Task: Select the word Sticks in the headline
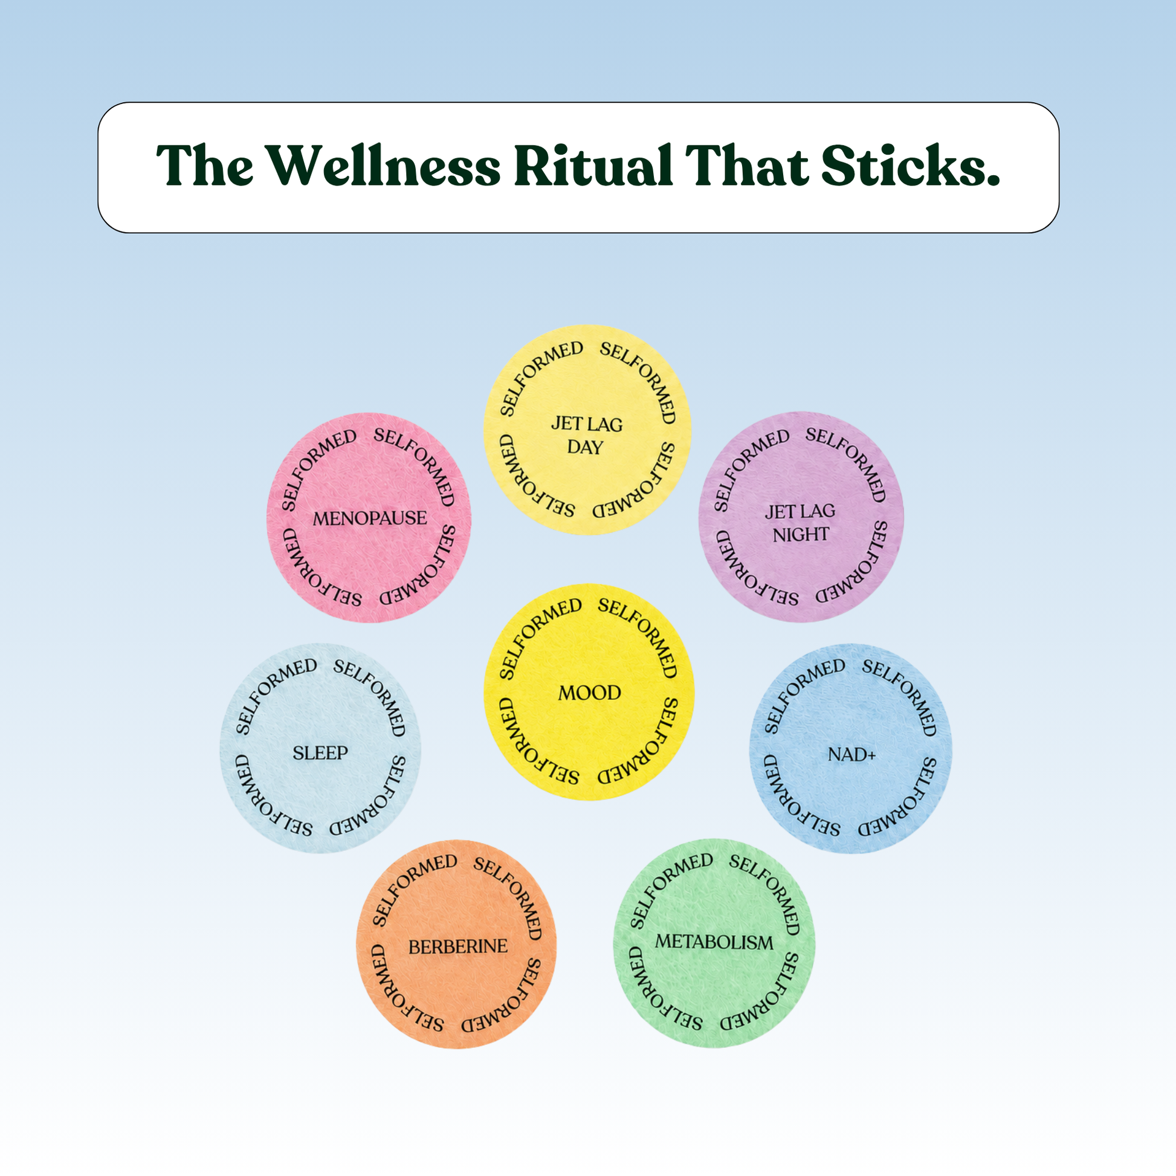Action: click(903, 166)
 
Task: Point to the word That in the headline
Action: click(747, 166)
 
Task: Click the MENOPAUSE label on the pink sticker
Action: click(369, 518)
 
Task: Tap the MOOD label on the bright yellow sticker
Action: click(589, 693)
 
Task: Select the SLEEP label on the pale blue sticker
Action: click(320, 753)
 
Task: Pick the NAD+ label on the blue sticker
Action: click(851, 755)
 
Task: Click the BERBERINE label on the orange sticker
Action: click(457, 946)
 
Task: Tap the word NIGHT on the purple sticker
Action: click(801, 534)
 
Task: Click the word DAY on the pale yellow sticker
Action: click(585, 447)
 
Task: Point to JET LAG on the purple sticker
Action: click(801, 511)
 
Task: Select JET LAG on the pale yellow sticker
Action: click(587, 424)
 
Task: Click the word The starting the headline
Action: click(205, 166)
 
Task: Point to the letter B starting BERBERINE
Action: click(414, 947)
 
